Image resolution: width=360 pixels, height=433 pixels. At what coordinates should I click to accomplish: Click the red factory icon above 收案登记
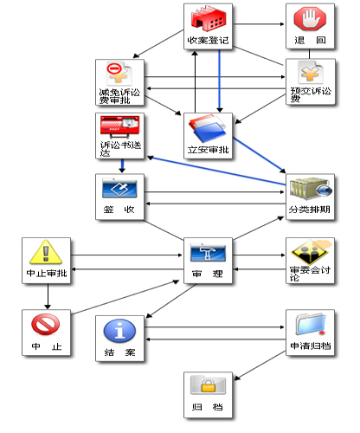[209, 18]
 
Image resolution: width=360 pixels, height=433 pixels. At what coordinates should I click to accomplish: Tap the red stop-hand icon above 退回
[310, 19]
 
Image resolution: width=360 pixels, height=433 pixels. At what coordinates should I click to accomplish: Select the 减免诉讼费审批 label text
[119, 96]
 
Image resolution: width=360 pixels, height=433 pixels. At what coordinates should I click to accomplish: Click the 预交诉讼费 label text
[311, 95]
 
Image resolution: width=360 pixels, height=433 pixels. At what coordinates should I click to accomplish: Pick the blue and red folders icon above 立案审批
[208, 128]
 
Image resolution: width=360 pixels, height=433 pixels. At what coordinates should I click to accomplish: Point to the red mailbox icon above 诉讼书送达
[119, 127]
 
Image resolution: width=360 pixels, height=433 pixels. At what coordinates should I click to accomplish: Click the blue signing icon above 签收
[119, 188]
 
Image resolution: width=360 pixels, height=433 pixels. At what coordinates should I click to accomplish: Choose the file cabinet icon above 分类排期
[311, 189]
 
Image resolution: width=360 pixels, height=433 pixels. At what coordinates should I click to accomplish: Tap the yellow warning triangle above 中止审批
[46, 252]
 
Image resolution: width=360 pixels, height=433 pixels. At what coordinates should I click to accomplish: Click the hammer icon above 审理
[208, 252]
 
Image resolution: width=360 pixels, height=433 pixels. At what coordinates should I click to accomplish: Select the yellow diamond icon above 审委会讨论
[311, 251]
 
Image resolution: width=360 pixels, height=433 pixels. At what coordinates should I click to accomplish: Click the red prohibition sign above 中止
[46, 324]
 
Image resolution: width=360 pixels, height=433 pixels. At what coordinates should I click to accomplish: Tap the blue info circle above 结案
[119, 331]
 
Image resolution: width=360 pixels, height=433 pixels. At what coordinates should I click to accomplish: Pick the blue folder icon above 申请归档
[311, 324]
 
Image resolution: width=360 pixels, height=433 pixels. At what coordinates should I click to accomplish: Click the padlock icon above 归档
[208, 385]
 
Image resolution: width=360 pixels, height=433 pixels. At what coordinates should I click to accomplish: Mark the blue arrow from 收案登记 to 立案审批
[220, 81]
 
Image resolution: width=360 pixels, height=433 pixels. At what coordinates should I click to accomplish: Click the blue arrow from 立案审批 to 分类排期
[260, 155]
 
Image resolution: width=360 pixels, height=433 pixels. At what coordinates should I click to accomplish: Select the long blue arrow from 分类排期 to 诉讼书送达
[216, 171]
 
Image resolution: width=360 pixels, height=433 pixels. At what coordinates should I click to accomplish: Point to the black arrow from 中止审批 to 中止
[48, 296]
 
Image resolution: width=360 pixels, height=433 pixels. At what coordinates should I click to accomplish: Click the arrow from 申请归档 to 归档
[260, 365]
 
